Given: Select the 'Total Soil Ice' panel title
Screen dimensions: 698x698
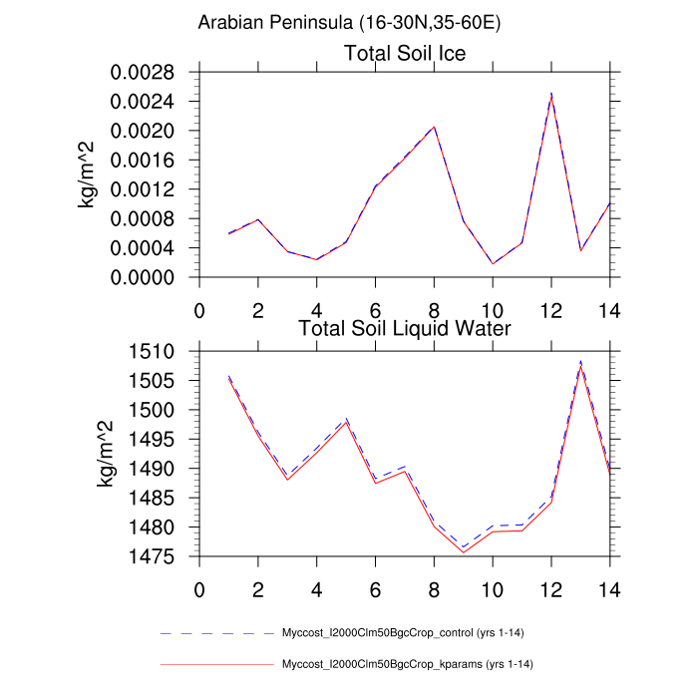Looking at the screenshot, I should point(405,53).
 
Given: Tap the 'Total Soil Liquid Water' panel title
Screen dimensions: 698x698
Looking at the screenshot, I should point(405,328).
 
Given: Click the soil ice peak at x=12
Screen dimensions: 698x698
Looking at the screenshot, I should point(551,94).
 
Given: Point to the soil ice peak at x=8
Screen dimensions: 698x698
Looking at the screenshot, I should point(434,128).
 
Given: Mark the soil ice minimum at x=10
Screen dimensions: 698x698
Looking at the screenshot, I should point(493,264).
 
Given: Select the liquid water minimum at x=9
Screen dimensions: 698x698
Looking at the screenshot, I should point(464,550).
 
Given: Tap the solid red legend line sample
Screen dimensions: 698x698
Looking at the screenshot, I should point(216,664).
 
